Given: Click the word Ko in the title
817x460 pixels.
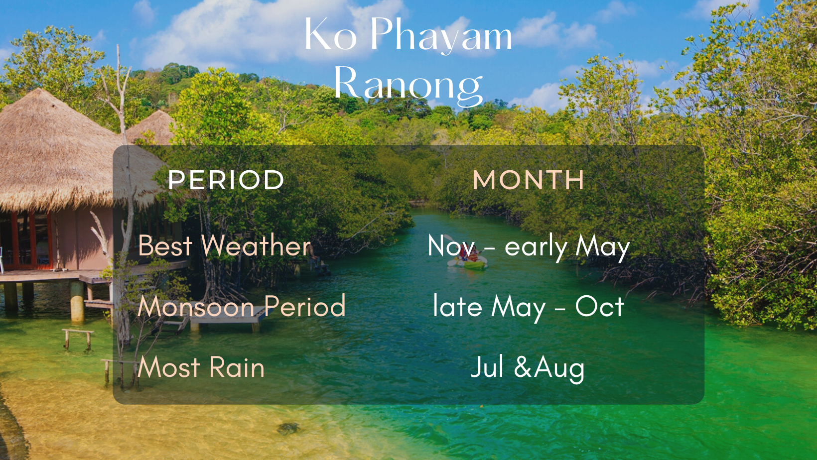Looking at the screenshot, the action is point(330,33).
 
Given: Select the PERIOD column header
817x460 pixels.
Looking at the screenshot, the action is point(226,180).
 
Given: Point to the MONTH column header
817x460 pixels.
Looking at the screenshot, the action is point(529,180).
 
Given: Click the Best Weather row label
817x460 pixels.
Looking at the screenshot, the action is point(225,245).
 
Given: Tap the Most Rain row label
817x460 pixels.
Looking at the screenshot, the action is point(201,367).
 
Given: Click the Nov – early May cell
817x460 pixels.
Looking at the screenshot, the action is point(529,247).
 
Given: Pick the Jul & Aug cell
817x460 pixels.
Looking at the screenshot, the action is point(528,368).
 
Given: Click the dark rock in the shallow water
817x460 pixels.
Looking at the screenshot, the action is point(288,429).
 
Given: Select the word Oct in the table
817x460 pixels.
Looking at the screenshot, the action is point(600,306).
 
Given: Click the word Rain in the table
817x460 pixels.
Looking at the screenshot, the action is point(237,367).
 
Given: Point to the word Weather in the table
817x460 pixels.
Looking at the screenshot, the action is point(257,245).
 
